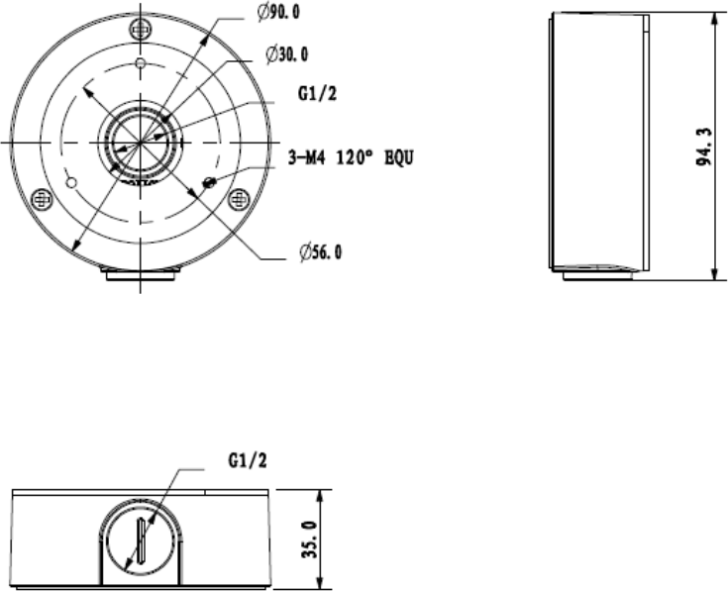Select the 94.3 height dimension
700,148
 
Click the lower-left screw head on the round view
43,198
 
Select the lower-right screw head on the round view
238,198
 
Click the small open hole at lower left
70,183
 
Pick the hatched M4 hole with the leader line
209,182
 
